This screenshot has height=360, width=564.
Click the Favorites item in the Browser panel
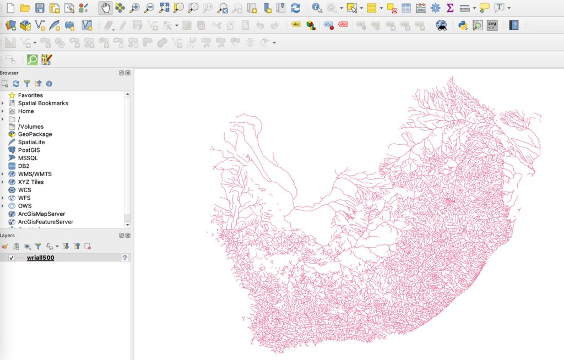pyautogui.click(x=30, y=95)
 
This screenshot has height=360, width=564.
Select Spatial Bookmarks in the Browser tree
pyautogui.click(x=42, y=103)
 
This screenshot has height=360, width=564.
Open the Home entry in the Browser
pyautogui.click(x=25, y=111)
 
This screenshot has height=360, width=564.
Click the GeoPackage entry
pyautogui.click(x=35, y=134)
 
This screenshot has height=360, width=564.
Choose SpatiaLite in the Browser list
pyautogui.click(x=31, y=142)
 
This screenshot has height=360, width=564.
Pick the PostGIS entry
pyautogui.click(x=29, y=150)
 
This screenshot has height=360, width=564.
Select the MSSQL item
pyautogui.click(x=28, y=158)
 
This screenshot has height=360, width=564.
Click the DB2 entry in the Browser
pyautogui.click(x=24, y=166)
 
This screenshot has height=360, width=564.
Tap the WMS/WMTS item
pyautogui.click(x=34, y=174)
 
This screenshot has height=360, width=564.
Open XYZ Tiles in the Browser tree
pyautogui.click(x=30, y=182)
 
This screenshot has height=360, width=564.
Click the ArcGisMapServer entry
pyautogui.click(x=41, y=214)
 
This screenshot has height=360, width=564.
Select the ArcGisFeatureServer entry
pyautogui.click(x=45, y=222)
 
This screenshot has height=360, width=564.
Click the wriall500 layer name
pyautogui.click(x=40, y=258)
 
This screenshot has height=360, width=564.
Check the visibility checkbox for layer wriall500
pyautogui.click(x=12, y=258)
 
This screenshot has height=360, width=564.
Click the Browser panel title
pyautogui.click(x=9, y=73)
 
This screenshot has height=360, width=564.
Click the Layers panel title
pyautogui.click(x=8, y=235)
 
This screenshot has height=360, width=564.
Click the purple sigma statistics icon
pyautogui.click(x=449, y=8)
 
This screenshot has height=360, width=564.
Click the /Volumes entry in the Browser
pyautogui.click(x=30, y=127)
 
